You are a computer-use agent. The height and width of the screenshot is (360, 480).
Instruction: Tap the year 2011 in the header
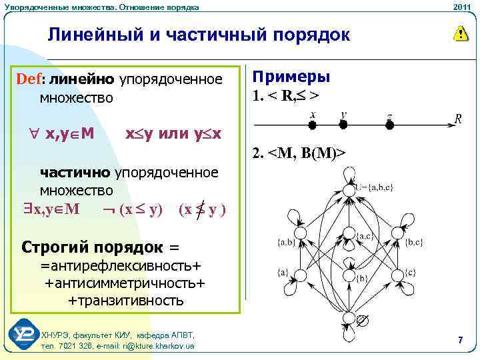click(x=461, y=7)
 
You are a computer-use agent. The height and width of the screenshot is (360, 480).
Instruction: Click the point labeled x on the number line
click(x=312, y=124)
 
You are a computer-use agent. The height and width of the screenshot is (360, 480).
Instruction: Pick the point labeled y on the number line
click(x=343, y=124)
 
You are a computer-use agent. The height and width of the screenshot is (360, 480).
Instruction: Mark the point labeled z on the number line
click(x=389, y=124)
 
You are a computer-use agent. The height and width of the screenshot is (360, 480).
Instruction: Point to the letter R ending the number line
click(x=458, y=119)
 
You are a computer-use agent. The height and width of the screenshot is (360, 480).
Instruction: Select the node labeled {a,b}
click(x=301, y=233)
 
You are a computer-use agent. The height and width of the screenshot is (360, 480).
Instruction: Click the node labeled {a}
click(x=301, y=275)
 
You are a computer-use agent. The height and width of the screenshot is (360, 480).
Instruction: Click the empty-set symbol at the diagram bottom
click(x=361, y=321)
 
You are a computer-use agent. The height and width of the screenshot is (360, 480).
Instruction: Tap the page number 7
click(x=460, y=341)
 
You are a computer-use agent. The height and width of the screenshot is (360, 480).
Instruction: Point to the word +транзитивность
click(x=126, y=301)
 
